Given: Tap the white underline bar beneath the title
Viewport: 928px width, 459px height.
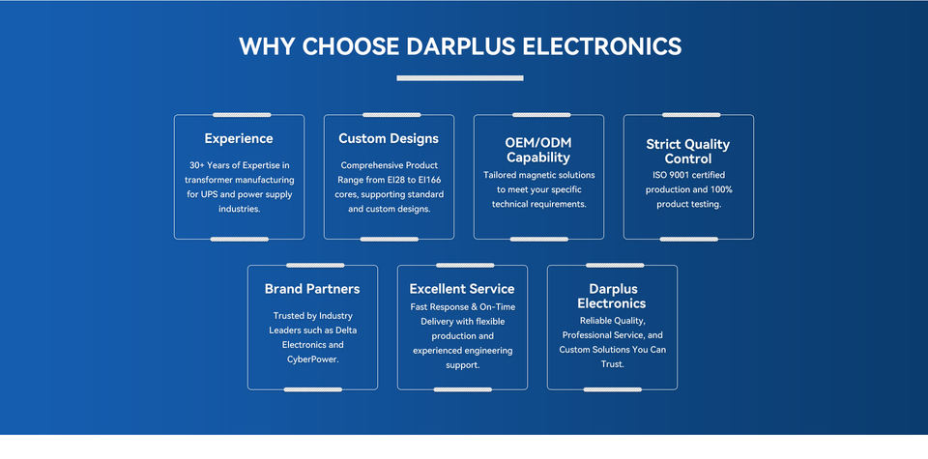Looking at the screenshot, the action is click(460, 78).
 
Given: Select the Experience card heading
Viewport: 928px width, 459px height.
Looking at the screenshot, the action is click(239, 138).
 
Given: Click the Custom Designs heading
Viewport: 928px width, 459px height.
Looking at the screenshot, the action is click(389, 138).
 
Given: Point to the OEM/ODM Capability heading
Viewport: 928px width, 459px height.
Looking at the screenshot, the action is click(538, 150).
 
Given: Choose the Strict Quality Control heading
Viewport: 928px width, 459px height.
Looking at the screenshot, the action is click(688, 151).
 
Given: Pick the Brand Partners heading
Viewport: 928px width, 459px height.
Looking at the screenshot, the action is click(312, 289).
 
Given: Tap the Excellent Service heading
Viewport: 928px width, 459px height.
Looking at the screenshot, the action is click(462, 289).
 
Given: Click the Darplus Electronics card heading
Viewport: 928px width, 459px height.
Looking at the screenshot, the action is click(612, 296).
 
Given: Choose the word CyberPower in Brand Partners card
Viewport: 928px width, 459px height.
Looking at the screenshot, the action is click(312, 359).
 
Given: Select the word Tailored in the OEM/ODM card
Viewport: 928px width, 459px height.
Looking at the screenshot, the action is click(503, 175).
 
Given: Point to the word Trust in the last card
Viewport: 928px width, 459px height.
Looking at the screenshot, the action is click(612, 365).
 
